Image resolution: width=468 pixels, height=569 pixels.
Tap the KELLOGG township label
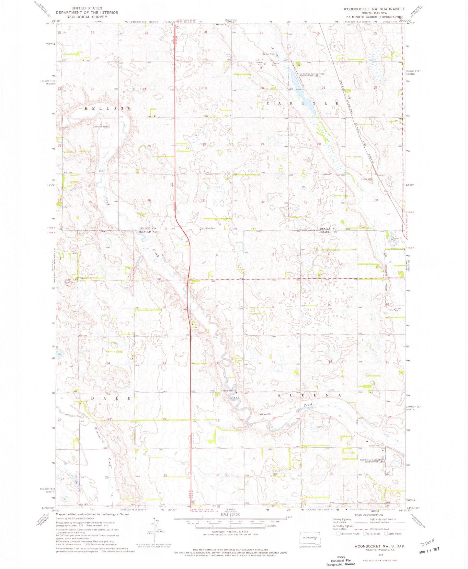(x=108, y=108)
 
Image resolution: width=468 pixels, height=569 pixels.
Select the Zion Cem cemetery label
(x=211, y=228)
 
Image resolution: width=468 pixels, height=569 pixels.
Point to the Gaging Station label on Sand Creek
(x=228, y=391)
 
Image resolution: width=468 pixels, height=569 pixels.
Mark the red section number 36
(x=149, y=201)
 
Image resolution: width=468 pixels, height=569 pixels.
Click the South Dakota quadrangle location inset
(x=310, y=539)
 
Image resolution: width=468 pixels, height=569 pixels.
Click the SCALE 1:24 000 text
(x=230, y=514)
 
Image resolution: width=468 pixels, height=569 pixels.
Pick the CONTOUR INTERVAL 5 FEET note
(x=230, y=532)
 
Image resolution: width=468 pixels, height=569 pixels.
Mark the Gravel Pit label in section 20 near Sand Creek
(x=265, y=414)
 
